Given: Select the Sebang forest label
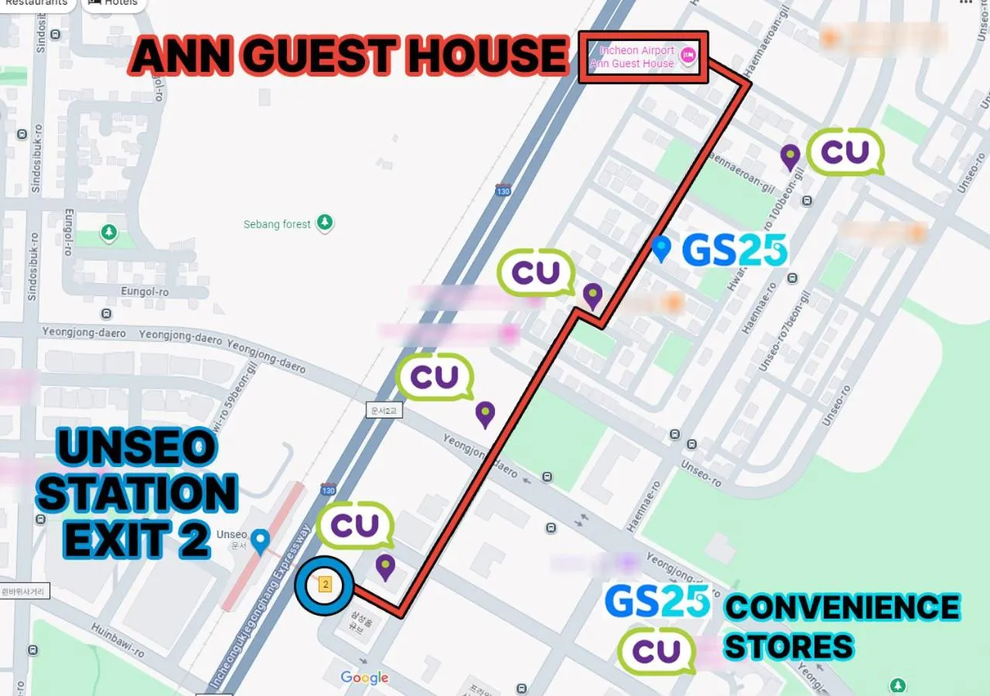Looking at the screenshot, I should click(x=277, y=224).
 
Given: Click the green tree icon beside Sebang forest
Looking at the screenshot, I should click(x=326, y=223).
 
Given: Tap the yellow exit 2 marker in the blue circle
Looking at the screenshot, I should click(x=325, y=585).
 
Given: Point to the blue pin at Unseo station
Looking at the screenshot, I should click(x=261, y=541).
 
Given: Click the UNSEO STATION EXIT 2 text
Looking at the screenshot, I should click(x=137, y=495).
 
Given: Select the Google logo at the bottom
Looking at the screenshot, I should click(x=364, y=678).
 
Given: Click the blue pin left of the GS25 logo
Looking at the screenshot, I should click(x=661, y=248).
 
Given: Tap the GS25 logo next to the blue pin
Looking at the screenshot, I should click(x=735, y=251).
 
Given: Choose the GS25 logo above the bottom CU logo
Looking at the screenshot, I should click(x=657, y=602).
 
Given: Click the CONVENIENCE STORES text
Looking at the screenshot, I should click(x=841, y=626).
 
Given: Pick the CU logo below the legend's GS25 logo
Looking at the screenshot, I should click(x=657, y=651).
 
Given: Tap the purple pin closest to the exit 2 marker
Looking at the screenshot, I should click(x=385, y=567).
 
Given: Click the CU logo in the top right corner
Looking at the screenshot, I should click(x=845, y=152).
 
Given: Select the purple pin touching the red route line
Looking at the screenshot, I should click(x=592, y=295).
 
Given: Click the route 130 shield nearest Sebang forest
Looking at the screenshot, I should click(x=504, y=190).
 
